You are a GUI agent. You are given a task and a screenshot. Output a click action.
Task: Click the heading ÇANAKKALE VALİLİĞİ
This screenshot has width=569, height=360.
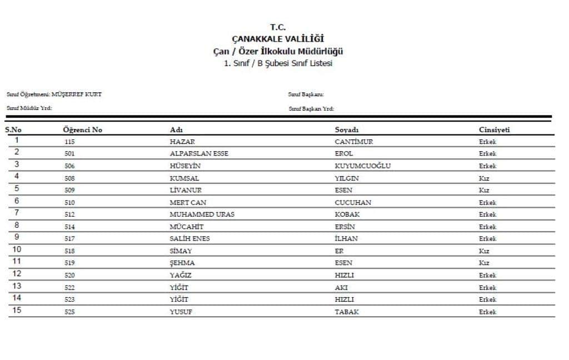(x=277, y=39)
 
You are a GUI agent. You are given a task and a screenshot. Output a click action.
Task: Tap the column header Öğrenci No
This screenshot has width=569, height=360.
(x=83, y=130)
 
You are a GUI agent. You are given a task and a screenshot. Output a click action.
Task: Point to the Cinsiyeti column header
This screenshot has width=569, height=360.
(x=494, y=130)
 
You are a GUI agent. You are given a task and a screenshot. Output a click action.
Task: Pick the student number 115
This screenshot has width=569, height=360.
(x=69, y=142)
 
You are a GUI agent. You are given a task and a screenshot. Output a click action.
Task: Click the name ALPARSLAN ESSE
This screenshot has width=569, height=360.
(x=199, y=154)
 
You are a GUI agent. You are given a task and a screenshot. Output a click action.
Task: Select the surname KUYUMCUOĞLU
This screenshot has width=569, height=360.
(x=363, y=166)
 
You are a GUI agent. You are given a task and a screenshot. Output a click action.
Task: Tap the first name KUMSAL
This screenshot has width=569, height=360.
(x=184, y=178)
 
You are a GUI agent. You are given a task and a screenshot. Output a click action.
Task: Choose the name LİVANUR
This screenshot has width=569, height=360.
(x=185, y=191)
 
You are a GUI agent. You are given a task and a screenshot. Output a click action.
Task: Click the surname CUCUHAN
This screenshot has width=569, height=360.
(x=353, y=203)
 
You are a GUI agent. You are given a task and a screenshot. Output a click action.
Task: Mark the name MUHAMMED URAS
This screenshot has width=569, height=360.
(x=202, y=214)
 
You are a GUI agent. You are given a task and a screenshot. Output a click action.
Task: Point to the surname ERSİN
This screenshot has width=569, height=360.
(x=345, y=227)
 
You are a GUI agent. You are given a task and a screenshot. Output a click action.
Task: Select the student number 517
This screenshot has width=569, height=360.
(x=69, y=239)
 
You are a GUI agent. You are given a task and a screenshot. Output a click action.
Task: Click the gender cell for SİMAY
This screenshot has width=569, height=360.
(x=484, y=251)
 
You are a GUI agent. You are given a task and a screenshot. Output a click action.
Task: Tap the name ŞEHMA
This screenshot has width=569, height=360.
(x=182, y=263)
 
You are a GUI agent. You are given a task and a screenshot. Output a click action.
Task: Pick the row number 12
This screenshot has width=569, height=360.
(x=17, y=274)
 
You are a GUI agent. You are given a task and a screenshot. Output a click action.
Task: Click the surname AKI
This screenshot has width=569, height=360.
(x=341, y=288)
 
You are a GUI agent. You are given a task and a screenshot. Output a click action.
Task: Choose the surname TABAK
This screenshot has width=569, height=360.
(x=347, y=312)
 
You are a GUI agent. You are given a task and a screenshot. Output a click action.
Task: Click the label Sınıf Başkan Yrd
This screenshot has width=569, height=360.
(x=311, y=109)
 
